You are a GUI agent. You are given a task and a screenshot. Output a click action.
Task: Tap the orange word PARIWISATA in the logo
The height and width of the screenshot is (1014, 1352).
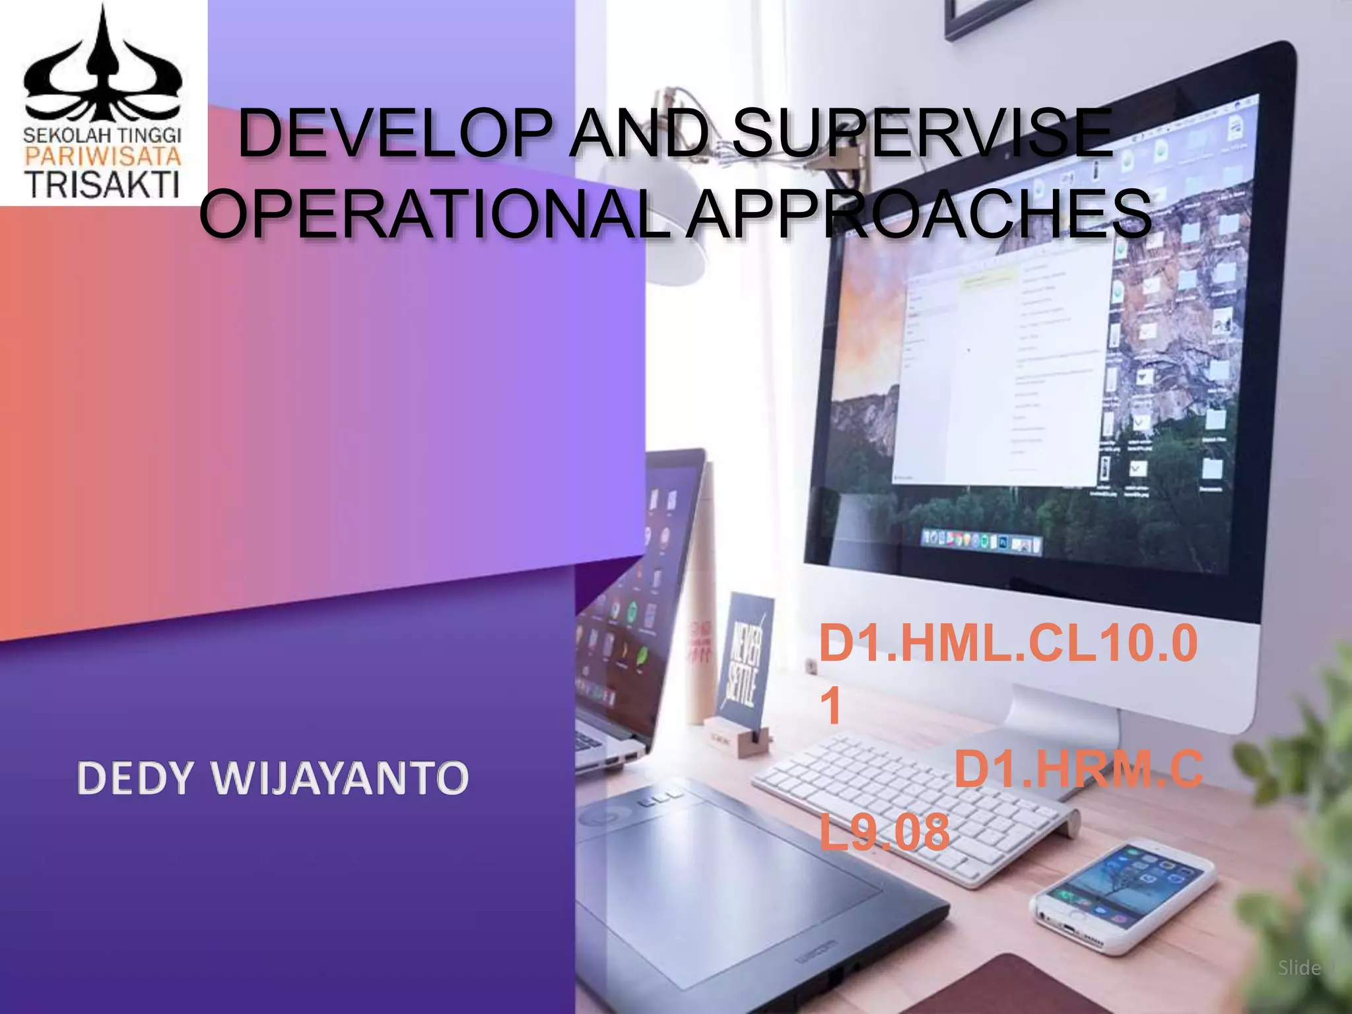[103, 156]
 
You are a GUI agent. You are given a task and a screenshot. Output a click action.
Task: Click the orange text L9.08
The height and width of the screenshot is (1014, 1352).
[884, 832]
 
